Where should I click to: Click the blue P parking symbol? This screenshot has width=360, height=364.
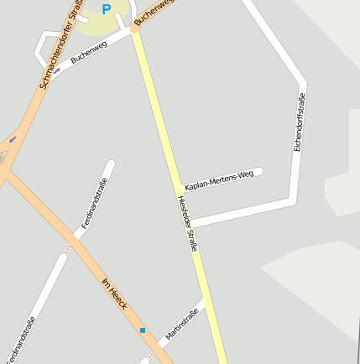pyautogui.click(x=106, y=9)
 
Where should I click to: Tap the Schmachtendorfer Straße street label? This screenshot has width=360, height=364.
pyautogui.click(x=55, y=47)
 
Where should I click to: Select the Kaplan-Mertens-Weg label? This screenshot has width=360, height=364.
pyautogui.click(x=218, y=179)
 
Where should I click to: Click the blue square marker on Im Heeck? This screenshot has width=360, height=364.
pyautogui.click(x=143, y=330)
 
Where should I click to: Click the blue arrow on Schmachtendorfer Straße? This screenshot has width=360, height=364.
pyautogui.click(x=13, y=138)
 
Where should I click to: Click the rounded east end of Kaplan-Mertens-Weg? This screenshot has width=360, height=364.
pyautogui.click(x=259, y=171)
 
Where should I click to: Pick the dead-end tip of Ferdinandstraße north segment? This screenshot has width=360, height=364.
pyautogui.click(x=110, y=164)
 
